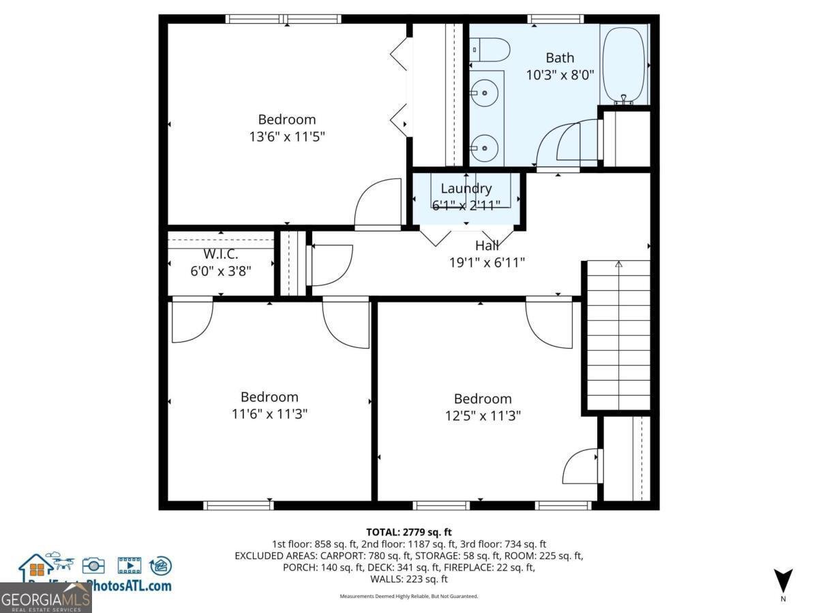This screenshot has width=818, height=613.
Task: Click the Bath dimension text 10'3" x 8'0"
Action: click(x=560, y=75)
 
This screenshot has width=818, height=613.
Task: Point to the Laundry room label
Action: click(x=466, y=189)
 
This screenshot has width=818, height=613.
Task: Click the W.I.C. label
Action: click(x=220, y=254)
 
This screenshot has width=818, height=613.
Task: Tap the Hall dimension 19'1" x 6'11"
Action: click(x=487, y=262)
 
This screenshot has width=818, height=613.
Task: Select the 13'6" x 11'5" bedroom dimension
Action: click(x=286, y=136)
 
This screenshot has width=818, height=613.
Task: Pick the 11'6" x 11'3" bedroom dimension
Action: click(x=269, y=413)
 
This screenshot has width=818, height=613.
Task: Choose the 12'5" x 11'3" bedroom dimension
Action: click(x=483, y=415)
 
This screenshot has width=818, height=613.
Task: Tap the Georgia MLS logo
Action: click(x=46, y=599)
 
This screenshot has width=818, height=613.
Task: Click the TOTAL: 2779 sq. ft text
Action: click(x=409, y=532)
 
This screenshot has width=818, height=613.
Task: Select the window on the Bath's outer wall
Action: click(x=555, y=19)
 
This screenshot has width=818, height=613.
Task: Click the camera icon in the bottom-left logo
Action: click(x=93, y=565)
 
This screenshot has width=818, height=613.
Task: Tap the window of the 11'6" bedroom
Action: click(x=239, y=505)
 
